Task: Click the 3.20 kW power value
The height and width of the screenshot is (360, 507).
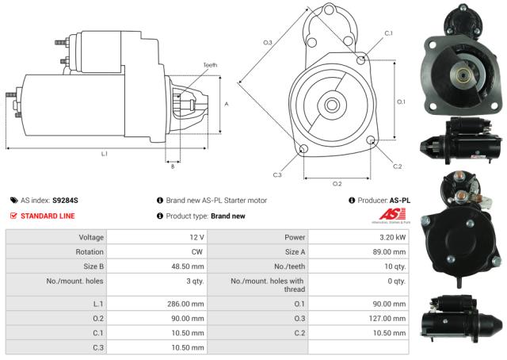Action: click(393, 237)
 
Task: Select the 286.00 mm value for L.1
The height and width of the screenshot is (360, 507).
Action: click(187, 304)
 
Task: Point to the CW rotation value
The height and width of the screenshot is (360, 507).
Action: click(198, 252)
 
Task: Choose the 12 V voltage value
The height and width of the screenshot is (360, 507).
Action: click(196, 237)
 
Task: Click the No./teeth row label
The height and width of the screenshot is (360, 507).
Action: click(290, 267)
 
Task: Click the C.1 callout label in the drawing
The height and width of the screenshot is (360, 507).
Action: click(388, 33)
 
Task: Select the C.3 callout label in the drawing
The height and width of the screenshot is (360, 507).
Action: click(277, 174)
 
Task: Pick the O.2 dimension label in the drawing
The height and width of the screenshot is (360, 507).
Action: click(337, 183)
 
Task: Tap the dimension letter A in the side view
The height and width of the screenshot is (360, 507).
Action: click(227, 104)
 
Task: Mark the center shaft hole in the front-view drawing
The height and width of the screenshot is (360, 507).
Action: click(331, 104)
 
